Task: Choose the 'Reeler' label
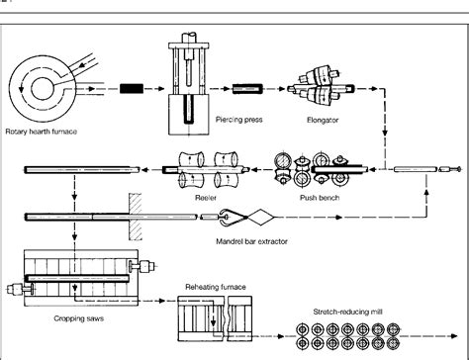(x=207, y=198)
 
